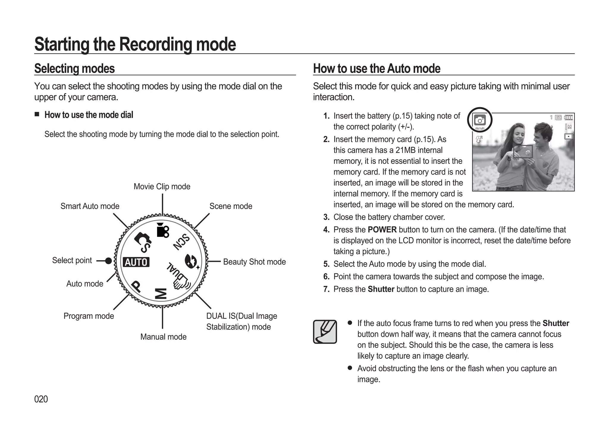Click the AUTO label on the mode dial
[x=136, y=262]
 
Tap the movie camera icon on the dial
[x=162, y=230]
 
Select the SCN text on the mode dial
[x=181, y=242]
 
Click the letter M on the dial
[x=161, y=293]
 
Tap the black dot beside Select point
[x=109, y=261]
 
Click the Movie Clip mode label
[x=162, y=187]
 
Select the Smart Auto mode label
[x=90, y=206]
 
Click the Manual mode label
[x=163, y=337]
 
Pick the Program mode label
[x=89, y=316]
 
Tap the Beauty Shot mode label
[x=254, y=262]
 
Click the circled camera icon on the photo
[x=480, y=120]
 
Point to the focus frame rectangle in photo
[x=523, y=151]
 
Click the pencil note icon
[x=325, y=332]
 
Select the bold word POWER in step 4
[x=382, y=230]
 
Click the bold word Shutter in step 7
[x=381, y=289]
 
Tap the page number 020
[x=41, y=399]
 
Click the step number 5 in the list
[x=326, y=264]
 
